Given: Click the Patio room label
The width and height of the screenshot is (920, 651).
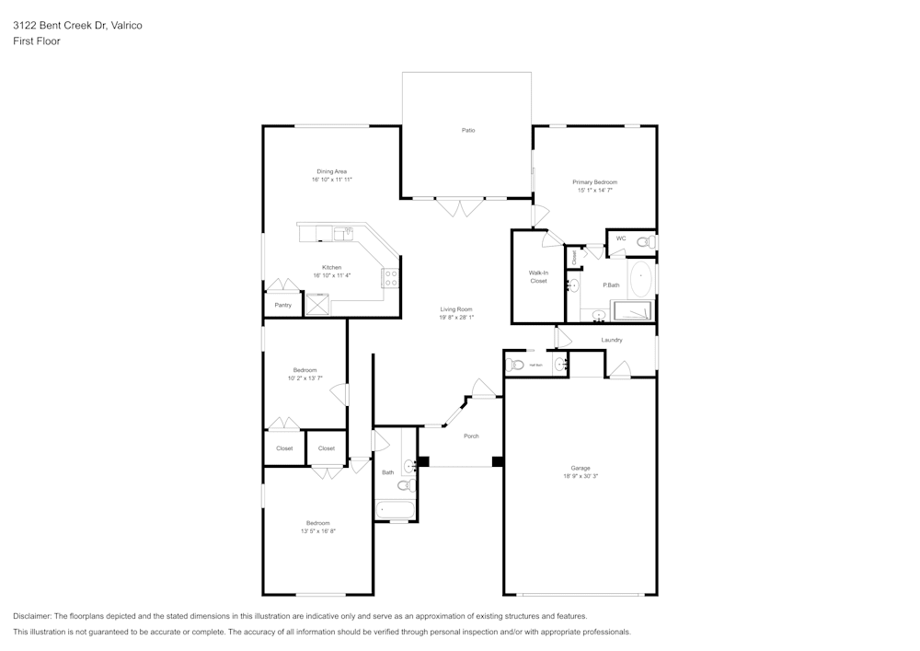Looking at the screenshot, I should coord(468,131).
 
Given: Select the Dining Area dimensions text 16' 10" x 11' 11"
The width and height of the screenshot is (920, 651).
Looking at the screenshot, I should coord(332,180).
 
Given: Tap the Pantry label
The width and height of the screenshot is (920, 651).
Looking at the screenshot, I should coord(282,305).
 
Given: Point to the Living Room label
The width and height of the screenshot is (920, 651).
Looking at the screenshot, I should coord(456,309).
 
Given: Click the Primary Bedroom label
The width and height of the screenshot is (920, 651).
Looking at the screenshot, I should coord(594,182).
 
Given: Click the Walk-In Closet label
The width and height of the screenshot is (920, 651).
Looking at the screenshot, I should coord(538,276).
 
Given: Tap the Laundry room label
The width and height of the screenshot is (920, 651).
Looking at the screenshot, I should coord(612,340).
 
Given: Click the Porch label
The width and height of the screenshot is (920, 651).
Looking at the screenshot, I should coord(471,436).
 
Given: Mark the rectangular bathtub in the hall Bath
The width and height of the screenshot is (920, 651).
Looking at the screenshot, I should coord(396,509).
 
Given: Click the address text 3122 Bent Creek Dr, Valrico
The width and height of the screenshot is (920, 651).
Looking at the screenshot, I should coord(77,26).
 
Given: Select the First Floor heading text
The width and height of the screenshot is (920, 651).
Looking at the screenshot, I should coord(37,41).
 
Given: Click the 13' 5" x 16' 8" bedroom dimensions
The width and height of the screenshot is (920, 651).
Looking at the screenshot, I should coord(318,531).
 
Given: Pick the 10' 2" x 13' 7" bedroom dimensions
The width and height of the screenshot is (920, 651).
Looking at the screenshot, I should coord(305,378).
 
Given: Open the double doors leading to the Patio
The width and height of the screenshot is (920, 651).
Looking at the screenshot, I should coord(457,206).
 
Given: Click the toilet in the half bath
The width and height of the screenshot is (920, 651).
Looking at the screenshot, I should coord(516,365).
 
